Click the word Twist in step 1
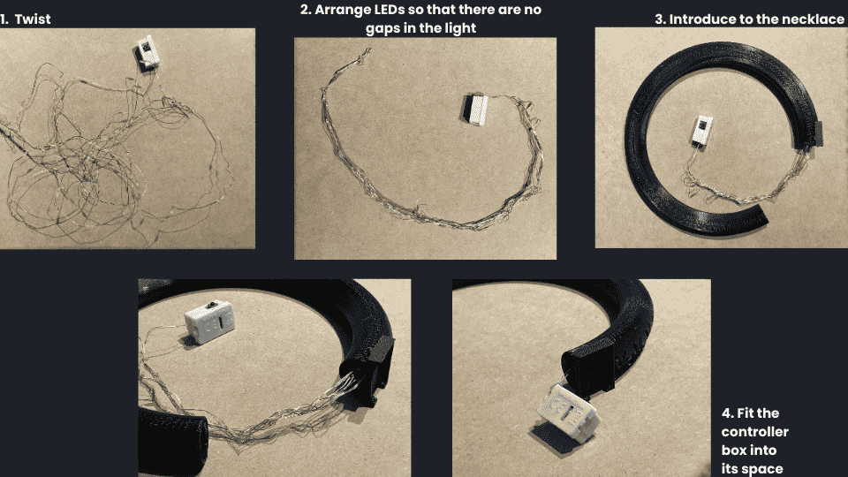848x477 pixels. coord(33,19)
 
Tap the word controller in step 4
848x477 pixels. coord(754,432)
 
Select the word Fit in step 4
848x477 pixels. coord(744,413)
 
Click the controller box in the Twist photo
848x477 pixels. coord(146,53)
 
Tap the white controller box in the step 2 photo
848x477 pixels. coord(476,110)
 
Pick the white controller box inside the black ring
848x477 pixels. coord(700,131)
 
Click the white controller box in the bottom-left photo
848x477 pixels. coord(210,322)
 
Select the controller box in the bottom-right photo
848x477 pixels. coord(568,413)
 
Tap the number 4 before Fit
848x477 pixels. coord(727,413)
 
